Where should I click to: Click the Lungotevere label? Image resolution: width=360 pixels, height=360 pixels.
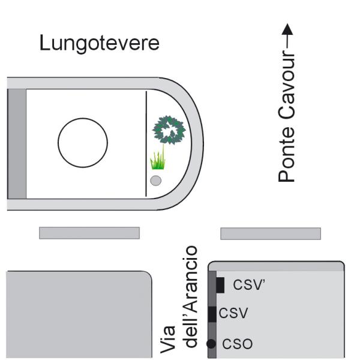(100, 44)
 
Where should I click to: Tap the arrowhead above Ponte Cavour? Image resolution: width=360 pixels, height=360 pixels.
(287, 29)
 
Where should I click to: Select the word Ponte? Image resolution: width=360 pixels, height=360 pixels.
(287, 154)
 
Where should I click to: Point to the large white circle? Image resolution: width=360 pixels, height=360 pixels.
(83, 143)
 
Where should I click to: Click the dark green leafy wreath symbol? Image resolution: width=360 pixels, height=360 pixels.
(169, 130)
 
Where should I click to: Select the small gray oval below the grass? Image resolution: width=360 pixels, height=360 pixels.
(155, 181)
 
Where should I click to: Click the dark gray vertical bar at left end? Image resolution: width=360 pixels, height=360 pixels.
(17, 144)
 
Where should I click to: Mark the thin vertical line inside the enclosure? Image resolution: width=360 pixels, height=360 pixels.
(146, 144)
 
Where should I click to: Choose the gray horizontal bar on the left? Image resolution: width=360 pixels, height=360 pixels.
(89, 233)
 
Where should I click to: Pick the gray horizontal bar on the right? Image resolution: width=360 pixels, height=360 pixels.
(271, 234)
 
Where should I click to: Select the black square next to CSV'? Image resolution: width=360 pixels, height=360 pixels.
(220, 285)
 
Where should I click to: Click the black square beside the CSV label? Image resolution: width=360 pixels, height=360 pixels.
(212, 314)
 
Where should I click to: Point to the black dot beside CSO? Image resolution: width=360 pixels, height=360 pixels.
(211, 344)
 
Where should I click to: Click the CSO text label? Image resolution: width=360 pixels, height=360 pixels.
(238, 344)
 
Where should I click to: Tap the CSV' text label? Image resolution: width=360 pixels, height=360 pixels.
(249, 284)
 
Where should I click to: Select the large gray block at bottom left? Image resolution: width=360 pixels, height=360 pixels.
(79, 314)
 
